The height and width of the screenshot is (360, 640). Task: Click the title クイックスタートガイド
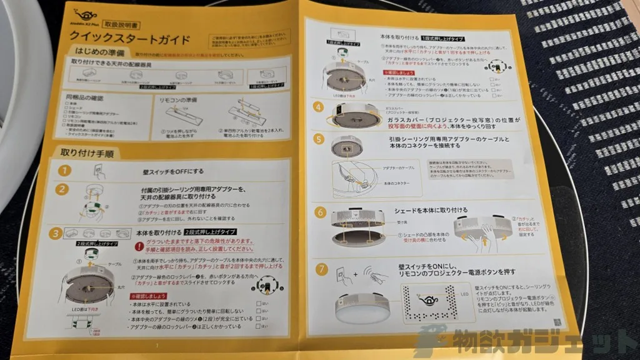tap(130, 41)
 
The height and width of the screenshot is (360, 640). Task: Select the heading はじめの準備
tap(101, 54)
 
